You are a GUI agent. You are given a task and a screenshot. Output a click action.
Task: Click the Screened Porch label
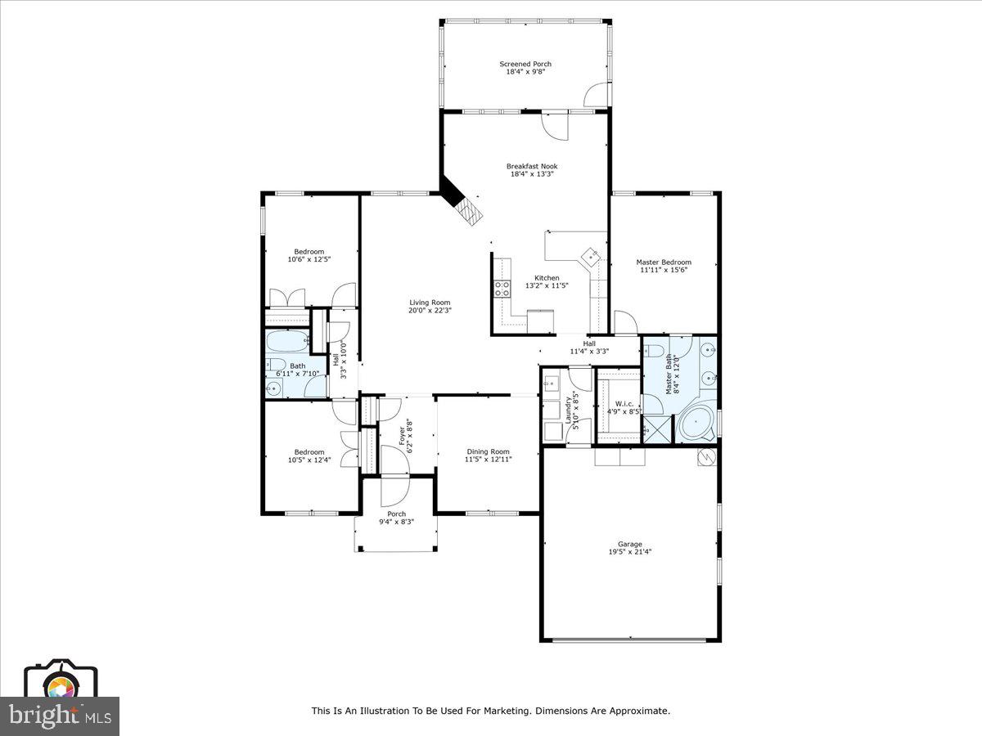525,64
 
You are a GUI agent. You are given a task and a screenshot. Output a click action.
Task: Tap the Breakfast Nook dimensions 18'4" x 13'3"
531,174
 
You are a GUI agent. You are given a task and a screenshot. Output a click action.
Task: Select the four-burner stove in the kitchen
501,286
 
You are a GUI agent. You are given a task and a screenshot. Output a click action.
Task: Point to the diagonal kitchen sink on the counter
590,256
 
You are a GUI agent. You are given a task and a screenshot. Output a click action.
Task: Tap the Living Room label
430,303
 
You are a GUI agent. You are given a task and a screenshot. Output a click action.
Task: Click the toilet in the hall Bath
275,365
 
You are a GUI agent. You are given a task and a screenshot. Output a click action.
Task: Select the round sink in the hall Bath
274,388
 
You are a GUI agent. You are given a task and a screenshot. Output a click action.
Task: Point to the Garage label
629,544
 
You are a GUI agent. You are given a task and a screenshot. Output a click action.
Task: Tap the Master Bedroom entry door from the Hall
625,322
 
